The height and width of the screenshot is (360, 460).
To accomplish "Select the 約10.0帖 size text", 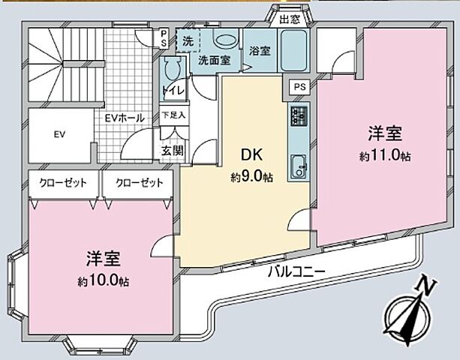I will [104, 282].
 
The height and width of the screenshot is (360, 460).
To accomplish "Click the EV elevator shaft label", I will [59, 136].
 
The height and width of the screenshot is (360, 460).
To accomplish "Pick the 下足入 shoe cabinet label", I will [173, 116].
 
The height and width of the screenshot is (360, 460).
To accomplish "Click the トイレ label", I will [172, 91].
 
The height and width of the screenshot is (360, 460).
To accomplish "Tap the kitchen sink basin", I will [296, 163].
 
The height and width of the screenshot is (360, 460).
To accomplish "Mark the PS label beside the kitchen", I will [299, 88].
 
